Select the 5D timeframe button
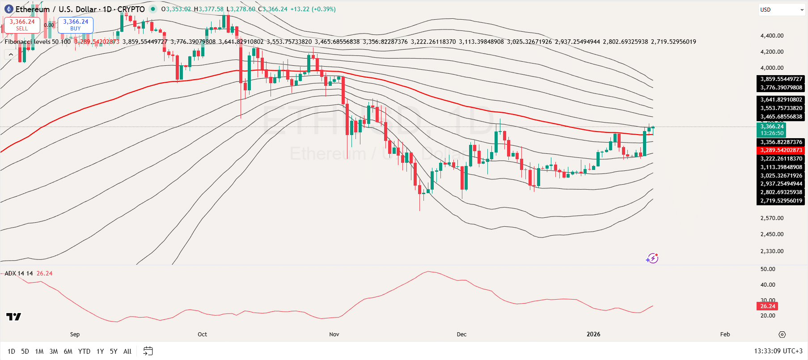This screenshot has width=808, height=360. point(25,352)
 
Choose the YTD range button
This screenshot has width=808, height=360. point(84,352)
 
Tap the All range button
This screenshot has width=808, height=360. point(127,352)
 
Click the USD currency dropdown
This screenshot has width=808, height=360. point(781,9)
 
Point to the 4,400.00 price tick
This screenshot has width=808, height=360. point(772,36)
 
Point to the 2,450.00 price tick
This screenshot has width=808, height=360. point(772,234)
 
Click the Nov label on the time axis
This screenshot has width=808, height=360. point(334,335)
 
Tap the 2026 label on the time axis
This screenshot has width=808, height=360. point(593,335)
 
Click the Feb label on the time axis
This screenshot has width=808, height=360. point(725,335)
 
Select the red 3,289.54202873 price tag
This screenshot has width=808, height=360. point(781,150)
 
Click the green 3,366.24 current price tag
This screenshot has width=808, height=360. point(772,130)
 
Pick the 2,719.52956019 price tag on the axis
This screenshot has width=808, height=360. point(781,201)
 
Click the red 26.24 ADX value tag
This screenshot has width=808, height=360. point(767,306)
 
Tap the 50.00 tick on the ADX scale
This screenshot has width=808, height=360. point(768,269)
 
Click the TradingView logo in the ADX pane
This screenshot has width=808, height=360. point(13,317)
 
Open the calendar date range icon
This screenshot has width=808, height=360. point(148,351)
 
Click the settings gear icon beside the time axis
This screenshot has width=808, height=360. point(782,335)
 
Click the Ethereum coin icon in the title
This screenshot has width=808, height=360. point(8,9)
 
